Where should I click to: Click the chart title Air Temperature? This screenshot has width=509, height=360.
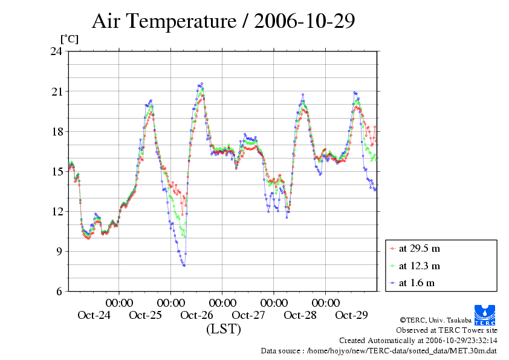(x=222, y=21)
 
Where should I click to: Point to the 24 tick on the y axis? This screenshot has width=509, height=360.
(x=56, y=51)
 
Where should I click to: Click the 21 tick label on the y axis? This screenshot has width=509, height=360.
(x=56, y=91)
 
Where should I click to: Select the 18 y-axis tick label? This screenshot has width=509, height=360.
(x=56, y=131)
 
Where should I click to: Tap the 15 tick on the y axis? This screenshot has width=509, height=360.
(x=56, y=171)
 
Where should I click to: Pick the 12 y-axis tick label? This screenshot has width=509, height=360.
(x=56, y=211)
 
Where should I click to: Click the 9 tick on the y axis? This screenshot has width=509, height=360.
(x=59, y=251)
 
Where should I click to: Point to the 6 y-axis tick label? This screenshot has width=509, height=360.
(x=59, y=291)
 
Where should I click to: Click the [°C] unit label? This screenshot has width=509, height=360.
(x=69, y=39)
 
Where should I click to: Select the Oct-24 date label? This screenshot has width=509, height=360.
(x=94, y=315)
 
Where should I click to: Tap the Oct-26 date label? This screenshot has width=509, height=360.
(x=197, y=315)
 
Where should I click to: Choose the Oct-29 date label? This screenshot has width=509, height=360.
(x=351, y=315)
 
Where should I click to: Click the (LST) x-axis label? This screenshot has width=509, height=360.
(x=223, y=330)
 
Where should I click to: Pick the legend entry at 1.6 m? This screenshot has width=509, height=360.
(x=417, y=283)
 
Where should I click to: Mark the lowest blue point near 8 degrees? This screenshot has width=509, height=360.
(x=184, y=266)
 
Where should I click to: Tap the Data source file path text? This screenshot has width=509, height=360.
(x=379, y=350)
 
